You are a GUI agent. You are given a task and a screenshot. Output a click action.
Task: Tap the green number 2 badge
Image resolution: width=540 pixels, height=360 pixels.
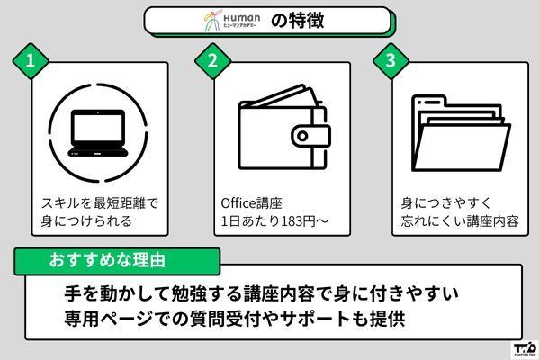pyautogui.click(x=212, y=61)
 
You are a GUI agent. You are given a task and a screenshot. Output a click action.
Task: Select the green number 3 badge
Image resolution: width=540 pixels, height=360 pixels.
pyautogui.click(x=391, y=61)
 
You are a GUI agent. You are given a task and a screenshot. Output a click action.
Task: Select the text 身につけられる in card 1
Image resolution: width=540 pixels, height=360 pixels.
pyautogui.click(x=87, y=220)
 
